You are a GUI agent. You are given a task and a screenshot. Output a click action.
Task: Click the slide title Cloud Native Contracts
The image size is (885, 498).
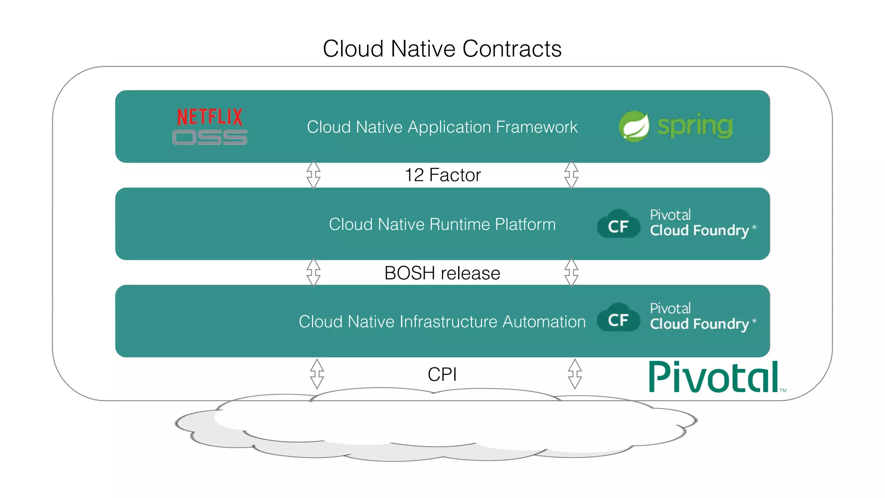coord(442,48)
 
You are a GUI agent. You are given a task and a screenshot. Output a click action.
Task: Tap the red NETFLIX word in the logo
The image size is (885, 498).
coord(210,117)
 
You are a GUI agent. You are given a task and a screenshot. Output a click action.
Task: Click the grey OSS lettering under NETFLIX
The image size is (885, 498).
coord(210,137)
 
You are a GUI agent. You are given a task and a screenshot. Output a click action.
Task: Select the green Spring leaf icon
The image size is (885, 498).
coord(634,126)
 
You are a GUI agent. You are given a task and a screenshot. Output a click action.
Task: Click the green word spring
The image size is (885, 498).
coord(695,126)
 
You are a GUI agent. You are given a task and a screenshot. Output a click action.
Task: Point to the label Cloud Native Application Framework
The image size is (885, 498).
coord(442,127)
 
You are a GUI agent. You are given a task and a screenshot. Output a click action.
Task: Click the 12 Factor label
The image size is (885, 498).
coord(442,175)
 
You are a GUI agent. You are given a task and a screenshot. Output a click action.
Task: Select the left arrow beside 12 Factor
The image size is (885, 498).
coord(313,175)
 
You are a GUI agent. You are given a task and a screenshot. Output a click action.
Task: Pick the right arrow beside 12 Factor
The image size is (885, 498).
coord(571,175)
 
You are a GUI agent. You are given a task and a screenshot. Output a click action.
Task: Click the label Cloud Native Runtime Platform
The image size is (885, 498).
coord(442,224)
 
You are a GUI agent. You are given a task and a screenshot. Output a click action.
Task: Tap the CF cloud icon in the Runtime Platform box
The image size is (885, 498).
coord(618,225)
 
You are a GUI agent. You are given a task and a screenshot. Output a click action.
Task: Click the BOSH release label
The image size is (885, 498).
coord(442,273)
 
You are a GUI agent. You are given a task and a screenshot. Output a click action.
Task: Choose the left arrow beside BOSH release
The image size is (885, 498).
coord(313,273)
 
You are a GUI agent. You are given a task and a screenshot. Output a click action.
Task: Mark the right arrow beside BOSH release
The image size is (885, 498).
coord(571,273)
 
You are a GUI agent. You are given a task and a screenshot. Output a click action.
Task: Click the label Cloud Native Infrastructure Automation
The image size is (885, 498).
coord(442,322)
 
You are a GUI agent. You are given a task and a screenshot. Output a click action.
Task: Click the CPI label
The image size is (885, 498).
coord(442,374)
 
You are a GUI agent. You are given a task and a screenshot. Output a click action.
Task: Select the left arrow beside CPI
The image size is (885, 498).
coord(317,374)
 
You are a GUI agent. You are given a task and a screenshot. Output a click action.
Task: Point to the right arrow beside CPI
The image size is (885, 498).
coord(575,374)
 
